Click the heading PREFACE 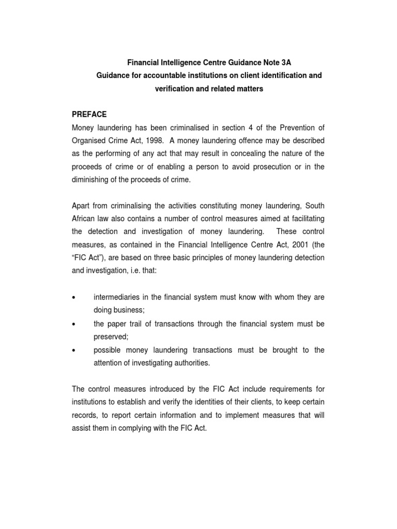(88, 114)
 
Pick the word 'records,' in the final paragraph (85, 415)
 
